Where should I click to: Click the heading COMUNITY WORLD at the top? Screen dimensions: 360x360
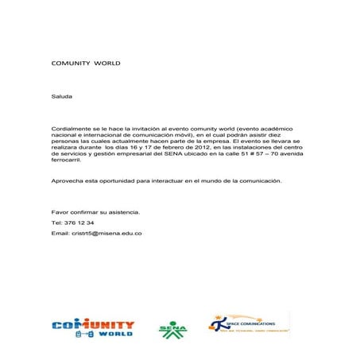click(x=85, y=61)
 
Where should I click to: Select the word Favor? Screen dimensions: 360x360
click(x=60, y=213)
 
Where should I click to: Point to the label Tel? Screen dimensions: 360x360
click(x=56, y=223)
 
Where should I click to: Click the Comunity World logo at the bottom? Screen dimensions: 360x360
click(x=93, y=329)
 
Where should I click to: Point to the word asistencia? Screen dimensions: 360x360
click(x=122, y=213)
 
